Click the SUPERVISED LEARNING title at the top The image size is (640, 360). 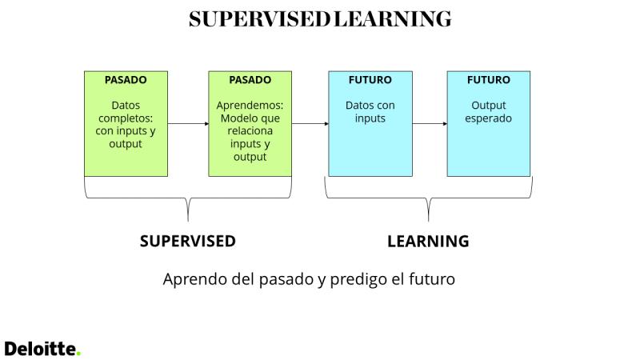click(x=320, y=19)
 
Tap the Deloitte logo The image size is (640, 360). click(x=42, y=349)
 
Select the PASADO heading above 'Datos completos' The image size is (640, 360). click(x=126, y=79)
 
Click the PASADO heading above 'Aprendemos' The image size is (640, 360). click(x=250, y=79)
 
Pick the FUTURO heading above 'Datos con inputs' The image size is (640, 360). click(x=370, y=79)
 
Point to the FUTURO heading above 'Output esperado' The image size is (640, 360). click(x=489, y=79)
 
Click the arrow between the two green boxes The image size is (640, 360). click(x=188, y=124)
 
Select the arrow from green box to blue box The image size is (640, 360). click(x=310, y=124)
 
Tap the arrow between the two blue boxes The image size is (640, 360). click(x=430, y=124)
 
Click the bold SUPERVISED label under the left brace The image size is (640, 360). click(x=188, y=242)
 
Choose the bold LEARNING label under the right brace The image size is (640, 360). click(x=428, y=242)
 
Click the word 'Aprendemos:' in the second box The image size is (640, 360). click(x=250, y=106)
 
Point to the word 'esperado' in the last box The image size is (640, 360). click(x=488, y=118)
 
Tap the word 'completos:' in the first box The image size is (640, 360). click(x=126, y=118)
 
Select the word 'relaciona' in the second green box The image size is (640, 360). click(x=250, y=131)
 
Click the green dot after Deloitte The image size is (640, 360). click(x=78, y=354)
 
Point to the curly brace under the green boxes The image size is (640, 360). click(x=188, y=198)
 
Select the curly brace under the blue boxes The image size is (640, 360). click(x=428, y=198)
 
